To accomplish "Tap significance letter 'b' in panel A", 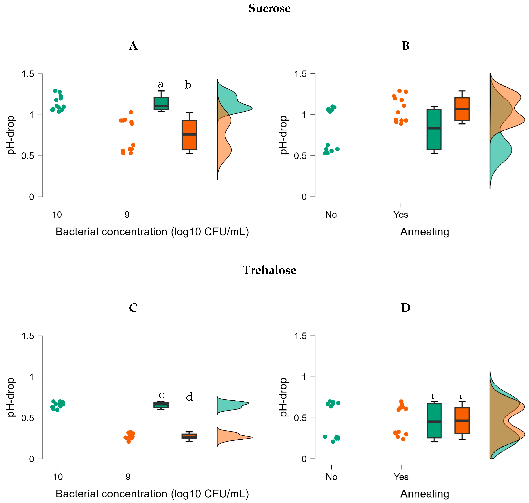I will click(x=188, y=85).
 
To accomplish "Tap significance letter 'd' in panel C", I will click(x=189, y=397).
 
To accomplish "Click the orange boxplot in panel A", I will click(x=189, y=135).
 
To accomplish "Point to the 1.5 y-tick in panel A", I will click(x=28, y=74).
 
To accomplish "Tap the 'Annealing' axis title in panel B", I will click(x=424, y=232).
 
